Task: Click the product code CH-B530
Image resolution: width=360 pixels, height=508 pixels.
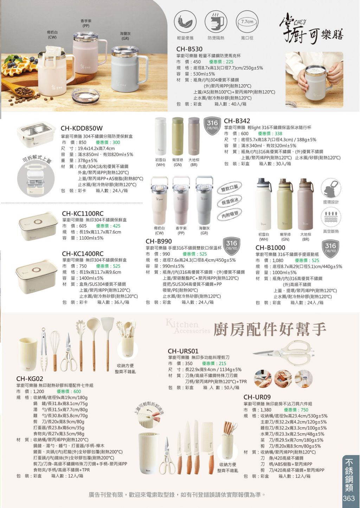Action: pyautogui.click(x=189, y=49)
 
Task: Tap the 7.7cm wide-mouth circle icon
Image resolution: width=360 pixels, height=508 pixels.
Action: pyautogui.click(x=247, y=22)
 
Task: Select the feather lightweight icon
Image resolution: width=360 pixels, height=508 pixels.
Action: pyautogui.click(x=185, y=22)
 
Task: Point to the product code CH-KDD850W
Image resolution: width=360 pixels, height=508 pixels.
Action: pyautogui.click(x=82, y=128)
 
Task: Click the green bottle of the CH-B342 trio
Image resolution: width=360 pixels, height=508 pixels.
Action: pyautogui.click(x=178, y=136)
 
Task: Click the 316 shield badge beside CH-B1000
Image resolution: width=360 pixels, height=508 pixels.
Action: pyautogui.click(x=330, y=249)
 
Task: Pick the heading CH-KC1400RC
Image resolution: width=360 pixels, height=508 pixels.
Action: pyautogui.click(x=83, y=254)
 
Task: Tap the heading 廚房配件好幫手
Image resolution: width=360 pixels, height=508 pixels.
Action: pyautogui.click(x=270, y=329)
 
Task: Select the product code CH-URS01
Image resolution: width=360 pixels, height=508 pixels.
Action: pyautogui.click(x=183, y=351)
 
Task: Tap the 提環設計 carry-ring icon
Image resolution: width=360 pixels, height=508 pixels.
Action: pyautogui.click(x=331, y=188)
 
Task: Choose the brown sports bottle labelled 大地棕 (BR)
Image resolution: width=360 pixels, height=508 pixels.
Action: pyautogui.click(x=306, y=204)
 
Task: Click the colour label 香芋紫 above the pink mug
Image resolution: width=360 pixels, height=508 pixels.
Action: pyautogui.click(x=86, y=21)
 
